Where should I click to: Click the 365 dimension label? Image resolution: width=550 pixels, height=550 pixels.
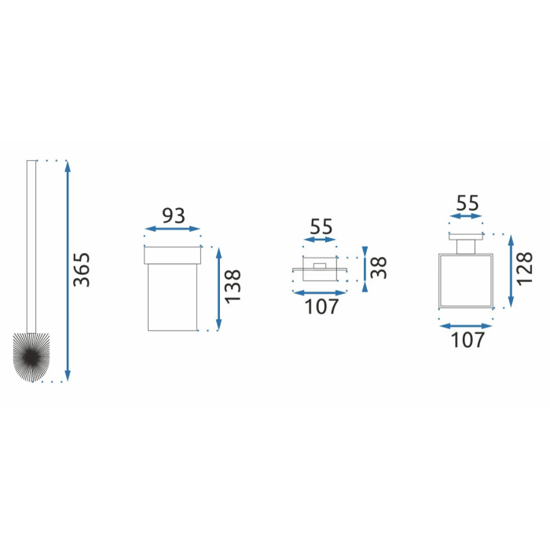(82, 269)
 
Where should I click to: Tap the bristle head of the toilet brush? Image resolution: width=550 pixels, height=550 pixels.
(31, 357)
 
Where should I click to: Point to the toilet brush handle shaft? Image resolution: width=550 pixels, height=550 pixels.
(31, 247)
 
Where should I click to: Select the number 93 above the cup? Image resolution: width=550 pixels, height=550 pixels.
(174, 216)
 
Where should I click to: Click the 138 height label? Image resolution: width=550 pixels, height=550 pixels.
(233, 287)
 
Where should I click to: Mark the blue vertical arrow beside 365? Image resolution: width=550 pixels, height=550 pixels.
(68, 270)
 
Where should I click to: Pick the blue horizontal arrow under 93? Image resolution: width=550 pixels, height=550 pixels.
(172, 229)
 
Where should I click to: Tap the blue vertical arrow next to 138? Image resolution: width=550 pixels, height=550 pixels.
(219, 288)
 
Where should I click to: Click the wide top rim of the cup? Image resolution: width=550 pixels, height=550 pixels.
(172, 255)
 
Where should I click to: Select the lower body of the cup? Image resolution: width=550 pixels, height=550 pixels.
(172, 297)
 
